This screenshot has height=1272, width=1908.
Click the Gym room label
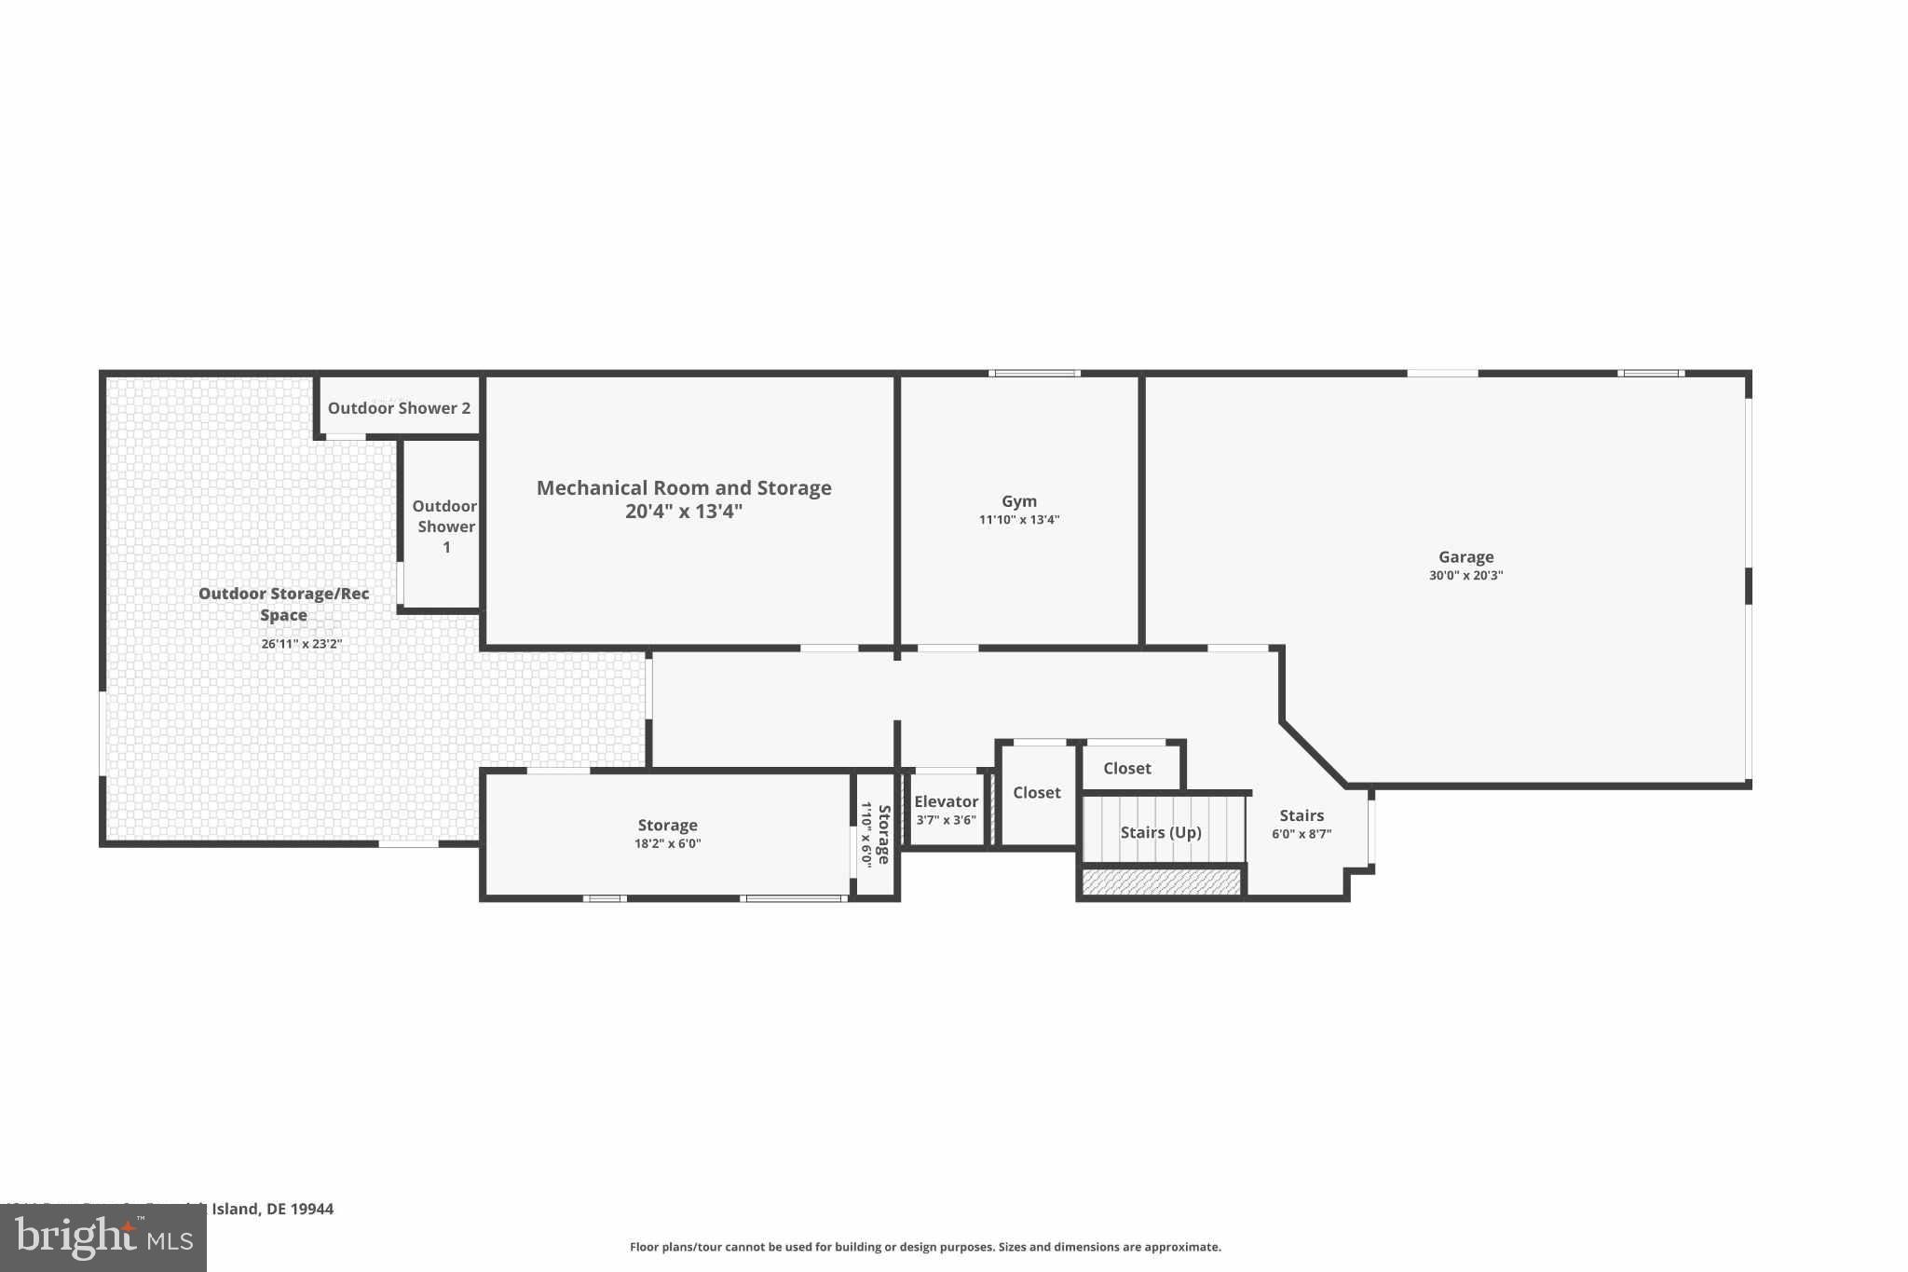(1018, 501)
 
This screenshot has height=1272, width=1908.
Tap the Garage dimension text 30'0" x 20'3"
(1465, 576)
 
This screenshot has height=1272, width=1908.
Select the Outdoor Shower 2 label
(399, 408)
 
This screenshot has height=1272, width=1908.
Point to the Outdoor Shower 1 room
(445, 527)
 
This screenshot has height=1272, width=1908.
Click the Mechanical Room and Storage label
(684, 488)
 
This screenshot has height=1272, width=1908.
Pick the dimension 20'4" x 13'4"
(684, 512)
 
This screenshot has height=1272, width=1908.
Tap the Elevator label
(946, 801)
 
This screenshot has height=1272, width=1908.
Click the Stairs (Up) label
(1161, 832)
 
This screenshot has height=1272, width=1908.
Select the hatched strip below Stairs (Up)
(1162, 882)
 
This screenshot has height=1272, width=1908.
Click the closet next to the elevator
(1036, 793)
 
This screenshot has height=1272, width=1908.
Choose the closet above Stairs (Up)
(1127, 769)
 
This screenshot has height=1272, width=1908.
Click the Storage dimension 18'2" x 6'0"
(667, 844)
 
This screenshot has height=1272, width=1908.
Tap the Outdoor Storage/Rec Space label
(283, 604)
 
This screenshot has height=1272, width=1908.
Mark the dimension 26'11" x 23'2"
(301, 644)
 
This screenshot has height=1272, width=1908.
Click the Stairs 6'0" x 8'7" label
(1302, 824)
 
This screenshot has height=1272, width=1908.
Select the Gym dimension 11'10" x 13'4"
(1018, 520)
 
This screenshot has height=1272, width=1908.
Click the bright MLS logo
(102, 1238)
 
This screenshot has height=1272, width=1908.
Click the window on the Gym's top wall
(1034, 374)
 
